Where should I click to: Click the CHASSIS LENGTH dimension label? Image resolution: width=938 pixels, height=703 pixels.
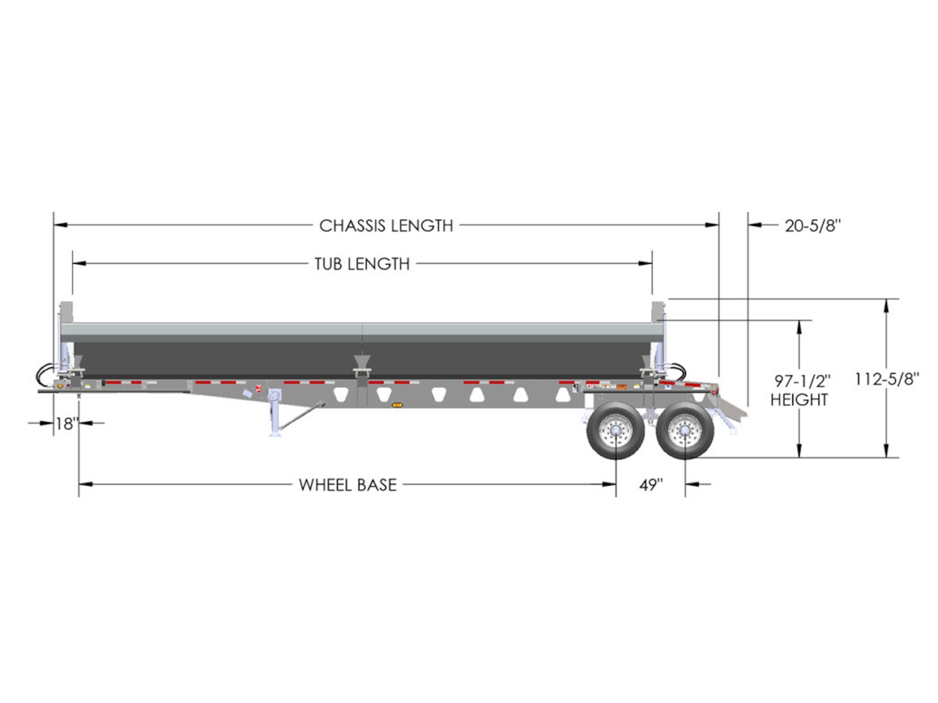pos(385,226)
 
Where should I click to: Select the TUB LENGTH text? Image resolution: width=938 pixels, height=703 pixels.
pos(362,264)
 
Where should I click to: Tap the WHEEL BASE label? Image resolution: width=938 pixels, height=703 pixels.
pos(348,485)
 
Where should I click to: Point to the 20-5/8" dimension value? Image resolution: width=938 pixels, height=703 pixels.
pos(813,226)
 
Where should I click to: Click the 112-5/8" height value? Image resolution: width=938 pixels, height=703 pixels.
pos(886,378)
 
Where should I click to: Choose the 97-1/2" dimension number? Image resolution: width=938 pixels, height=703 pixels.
pos(802,381)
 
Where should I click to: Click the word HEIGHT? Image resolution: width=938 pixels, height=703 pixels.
pos(798,400)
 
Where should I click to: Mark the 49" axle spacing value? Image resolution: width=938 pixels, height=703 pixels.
pos(651,485)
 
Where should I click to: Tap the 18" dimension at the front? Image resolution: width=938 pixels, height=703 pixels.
pos(67,424)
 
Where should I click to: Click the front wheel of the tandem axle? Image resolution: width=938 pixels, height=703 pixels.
pos(616,430)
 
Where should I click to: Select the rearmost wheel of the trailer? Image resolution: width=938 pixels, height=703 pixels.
pos(685,430)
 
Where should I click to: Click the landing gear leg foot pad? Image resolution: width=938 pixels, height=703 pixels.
pos(274,435)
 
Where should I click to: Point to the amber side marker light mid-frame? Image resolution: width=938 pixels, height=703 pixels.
pos(397,405)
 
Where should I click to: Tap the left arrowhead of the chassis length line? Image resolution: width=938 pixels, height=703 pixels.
pos(60,225)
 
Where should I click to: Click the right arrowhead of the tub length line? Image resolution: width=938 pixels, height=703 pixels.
pos(645,264)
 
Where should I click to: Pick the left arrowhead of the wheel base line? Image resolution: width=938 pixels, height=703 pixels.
pos(86,484)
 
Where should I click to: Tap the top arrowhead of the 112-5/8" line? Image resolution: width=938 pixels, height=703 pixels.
pos(886,306)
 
